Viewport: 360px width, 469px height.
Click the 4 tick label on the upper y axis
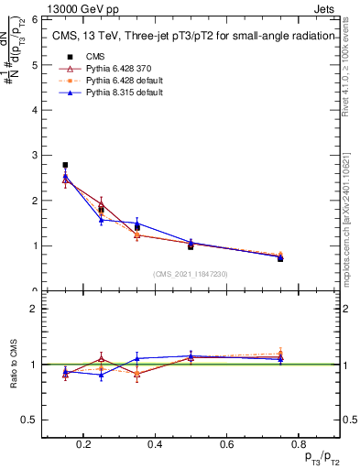[34, 110]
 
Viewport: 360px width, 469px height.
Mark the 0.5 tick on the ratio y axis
[31, 420]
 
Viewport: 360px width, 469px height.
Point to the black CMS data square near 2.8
[65, 165]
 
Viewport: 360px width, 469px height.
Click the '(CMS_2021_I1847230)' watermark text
[191, 274]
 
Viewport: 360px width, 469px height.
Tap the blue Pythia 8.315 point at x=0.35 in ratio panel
[136, 358]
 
